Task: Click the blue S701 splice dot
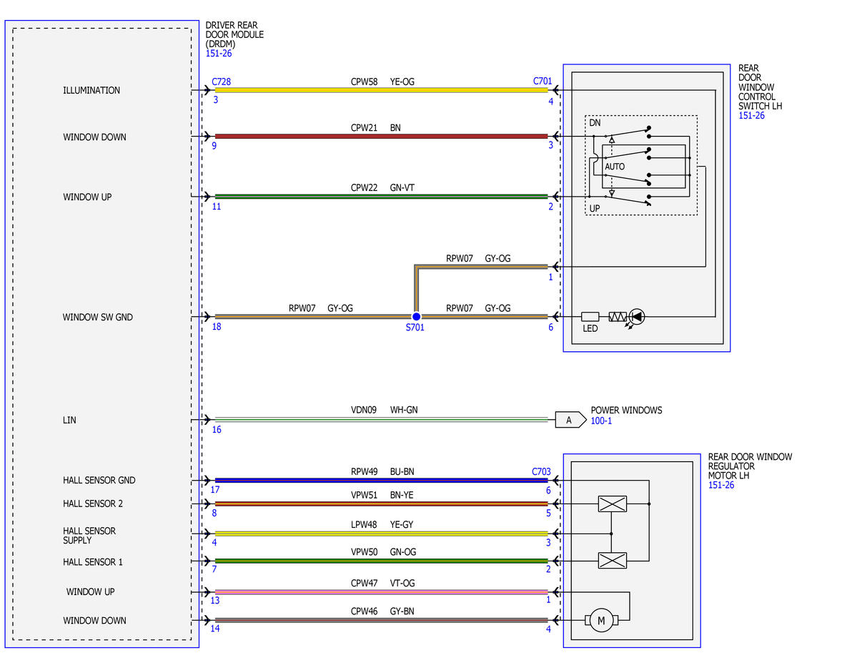(x=416, y=316)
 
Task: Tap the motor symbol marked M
(x=601, y=620)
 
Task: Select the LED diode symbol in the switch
(x=637, y=316)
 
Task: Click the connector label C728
(x=222, y=82)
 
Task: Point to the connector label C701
(x=543, y=81)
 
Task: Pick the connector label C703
(x=541, y=471)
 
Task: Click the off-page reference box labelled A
(x=570, y=420)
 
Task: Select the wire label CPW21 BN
(x=375, y=127)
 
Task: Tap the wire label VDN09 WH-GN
(x=385, y=410)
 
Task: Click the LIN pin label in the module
(x=69, y=420)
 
